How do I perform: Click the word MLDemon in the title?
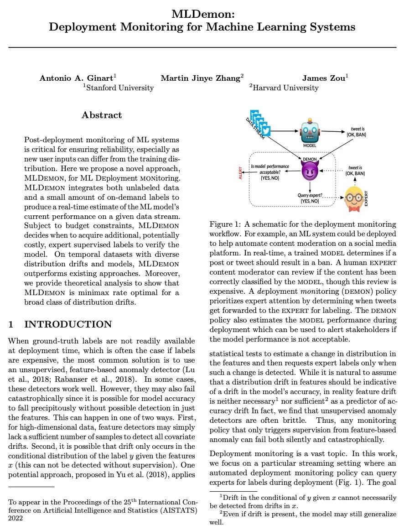(x=202, y=14)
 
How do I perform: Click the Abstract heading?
(x=102, y=115)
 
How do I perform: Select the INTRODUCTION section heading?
(x=67, y=324)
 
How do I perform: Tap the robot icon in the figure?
(x=310, y=131)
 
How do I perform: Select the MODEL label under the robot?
(x=310, y=145)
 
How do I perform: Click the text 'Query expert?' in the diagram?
(x=310, y=196)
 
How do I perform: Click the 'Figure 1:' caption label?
(x=224, y=224)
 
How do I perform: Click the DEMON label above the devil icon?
(x=310, y=159)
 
